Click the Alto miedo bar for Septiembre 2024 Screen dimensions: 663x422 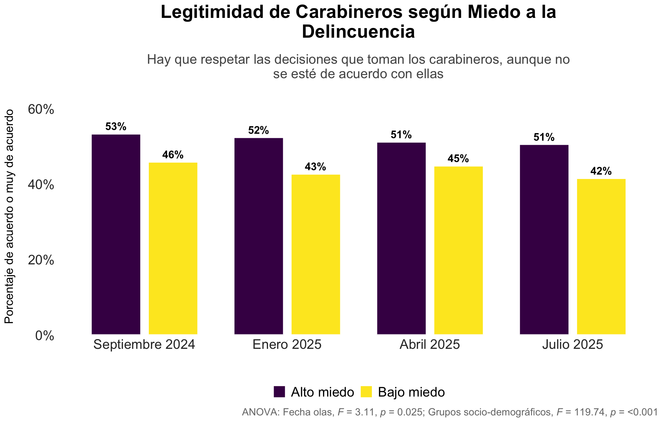pos(116,234)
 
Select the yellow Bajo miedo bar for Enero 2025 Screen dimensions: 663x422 pos(316,254)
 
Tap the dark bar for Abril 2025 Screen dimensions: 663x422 pos(402,238)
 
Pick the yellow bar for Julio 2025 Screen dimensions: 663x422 pos(601,257)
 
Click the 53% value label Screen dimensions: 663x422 pos(116,127)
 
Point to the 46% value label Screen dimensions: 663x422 pos(173,155)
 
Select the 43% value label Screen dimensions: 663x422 pos(315,167)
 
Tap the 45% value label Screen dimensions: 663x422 pos(458,159)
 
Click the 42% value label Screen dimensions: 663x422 pos(601,171)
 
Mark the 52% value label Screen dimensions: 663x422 pos(259,130)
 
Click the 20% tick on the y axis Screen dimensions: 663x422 pos(41,260)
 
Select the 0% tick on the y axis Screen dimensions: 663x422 pos(45,336)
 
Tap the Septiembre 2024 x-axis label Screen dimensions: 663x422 pos(144,344)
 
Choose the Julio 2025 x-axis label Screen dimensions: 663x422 pos(573,344)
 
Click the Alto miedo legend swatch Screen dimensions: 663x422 pos(279,392)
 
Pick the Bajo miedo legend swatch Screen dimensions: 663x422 pos(366,392)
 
